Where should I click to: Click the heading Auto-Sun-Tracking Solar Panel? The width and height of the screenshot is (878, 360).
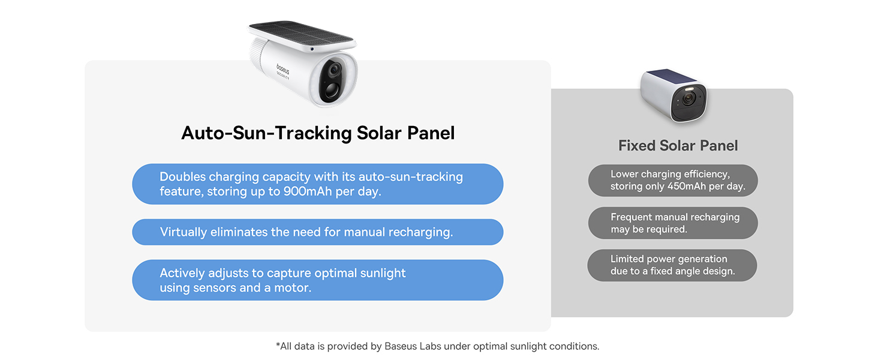[318, 133]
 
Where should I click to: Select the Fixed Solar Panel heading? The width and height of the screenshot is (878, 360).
[678, 146]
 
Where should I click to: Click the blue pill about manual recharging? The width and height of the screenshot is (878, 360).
[317, 232]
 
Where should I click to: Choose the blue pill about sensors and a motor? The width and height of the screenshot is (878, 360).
[317, 280]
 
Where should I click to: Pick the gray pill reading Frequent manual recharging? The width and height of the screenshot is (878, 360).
[673, 223]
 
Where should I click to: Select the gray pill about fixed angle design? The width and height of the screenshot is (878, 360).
[672, 265]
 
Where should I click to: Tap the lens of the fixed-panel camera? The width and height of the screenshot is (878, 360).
[688, 98]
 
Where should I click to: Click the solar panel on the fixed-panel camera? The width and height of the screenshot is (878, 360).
[669, 76]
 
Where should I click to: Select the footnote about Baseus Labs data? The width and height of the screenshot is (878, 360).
[437, 346]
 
